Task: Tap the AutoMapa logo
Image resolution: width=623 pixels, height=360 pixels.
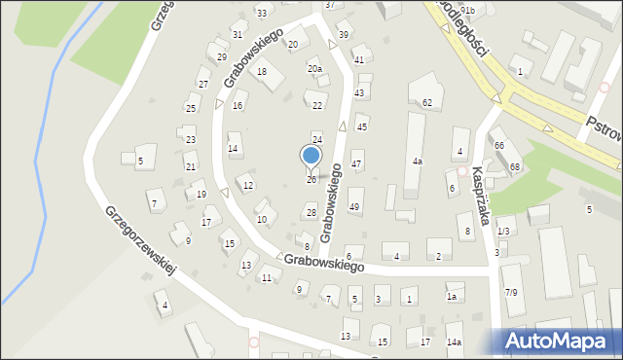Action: click(x=560, y=340)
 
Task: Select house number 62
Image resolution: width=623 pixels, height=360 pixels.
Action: click(x=427, y=102)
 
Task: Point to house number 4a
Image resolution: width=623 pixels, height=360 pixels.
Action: click(x=417, y=161)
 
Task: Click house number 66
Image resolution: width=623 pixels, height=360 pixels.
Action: click(x=498, y=145)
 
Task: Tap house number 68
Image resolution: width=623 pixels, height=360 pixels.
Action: click(x=515, y=167)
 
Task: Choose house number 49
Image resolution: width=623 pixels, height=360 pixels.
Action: click(x=354, y=206)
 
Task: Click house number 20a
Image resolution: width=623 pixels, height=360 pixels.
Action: click(x=314, y=69)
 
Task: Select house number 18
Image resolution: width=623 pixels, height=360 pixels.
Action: click(x=261, y=72)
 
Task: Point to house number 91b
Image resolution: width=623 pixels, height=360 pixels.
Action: click(x=467, y=10)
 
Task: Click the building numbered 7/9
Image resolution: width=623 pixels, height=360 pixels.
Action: click(x=510, y=292)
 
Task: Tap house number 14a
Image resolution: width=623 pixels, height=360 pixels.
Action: click(x=454, y=342)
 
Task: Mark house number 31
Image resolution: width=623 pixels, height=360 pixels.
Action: click(x=238, y=34)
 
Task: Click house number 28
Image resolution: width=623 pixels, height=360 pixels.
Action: click(x=311, y=212)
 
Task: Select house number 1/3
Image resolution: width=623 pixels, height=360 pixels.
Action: click(x=503, y=231)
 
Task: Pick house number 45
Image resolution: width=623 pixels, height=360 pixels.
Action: click(x=362, y=126)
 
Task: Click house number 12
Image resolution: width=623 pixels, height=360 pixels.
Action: click(x=249, y=185)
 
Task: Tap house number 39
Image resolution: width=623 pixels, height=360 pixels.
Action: click(x=343, y=35)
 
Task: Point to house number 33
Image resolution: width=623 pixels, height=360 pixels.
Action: click(x=261, y=13)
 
